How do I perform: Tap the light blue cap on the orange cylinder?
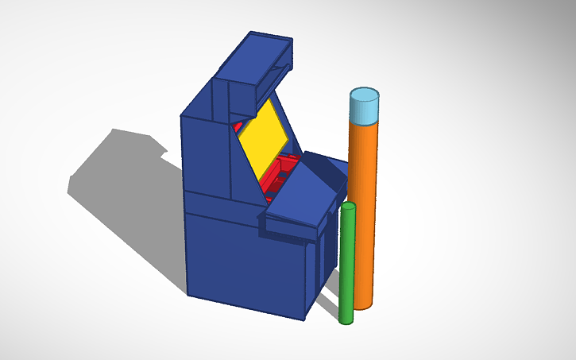click(x=365, y=108)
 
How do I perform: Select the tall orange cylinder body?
click(x=365, y=207)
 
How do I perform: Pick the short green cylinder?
click(x=346, y=266)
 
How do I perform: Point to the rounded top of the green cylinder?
click(x=347, y=207)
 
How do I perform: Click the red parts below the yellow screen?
click(x=283, y=175)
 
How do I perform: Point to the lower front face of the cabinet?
click(x=242, y=262)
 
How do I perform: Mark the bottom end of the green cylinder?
click(x=346, y=319)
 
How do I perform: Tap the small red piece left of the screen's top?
click(x=238, y=126)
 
